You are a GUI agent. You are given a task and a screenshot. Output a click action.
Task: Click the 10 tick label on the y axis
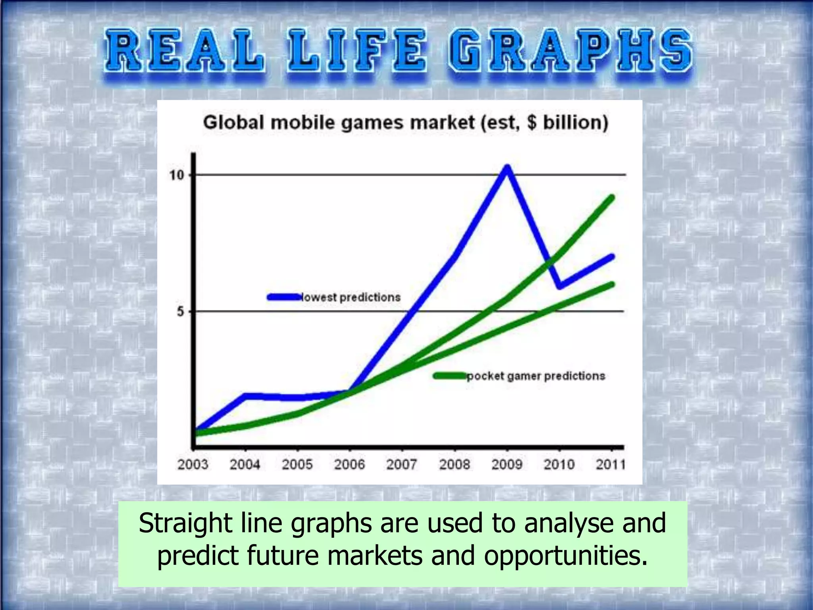177,175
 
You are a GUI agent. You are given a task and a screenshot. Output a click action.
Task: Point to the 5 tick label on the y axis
181,312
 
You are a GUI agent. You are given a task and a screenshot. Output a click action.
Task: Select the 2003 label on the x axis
193,464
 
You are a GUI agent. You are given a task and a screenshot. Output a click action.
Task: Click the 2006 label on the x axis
349,464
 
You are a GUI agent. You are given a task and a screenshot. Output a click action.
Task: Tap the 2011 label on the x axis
611,464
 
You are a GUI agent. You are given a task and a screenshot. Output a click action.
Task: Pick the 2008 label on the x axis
454,464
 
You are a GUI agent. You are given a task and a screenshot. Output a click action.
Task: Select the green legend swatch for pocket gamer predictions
450,376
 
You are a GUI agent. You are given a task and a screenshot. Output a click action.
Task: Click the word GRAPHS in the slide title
570,52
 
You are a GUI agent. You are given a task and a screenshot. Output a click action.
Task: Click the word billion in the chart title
575,122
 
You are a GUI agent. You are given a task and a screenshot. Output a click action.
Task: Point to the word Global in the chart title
233,122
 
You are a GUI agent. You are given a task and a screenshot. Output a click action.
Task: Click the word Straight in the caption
185,523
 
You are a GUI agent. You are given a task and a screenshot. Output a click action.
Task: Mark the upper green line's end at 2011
612,197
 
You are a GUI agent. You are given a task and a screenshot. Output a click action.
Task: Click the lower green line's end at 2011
612,284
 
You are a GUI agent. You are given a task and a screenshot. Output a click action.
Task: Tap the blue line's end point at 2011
612,257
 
